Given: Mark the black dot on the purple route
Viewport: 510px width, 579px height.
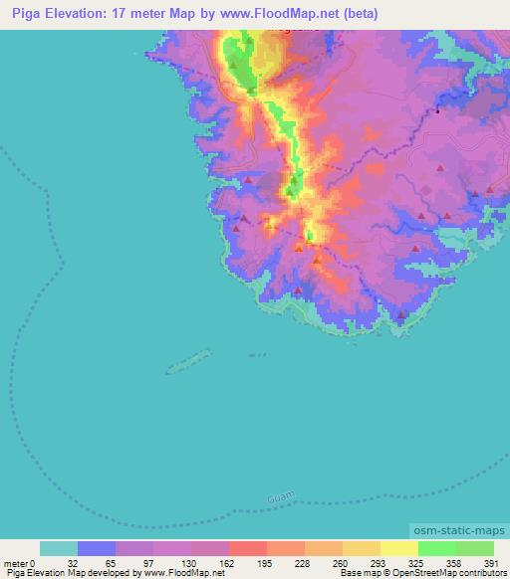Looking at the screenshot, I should (437, 112).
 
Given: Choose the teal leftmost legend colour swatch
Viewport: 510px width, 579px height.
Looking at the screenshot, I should (59, 548).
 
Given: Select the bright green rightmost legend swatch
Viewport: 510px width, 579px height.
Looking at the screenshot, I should (474, 548).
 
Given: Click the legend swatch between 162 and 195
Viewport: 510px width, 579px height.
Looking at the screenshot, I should (248, 548).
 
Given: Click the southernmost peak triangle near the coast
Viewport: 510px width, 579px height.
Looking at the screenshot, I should (401, 315).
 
